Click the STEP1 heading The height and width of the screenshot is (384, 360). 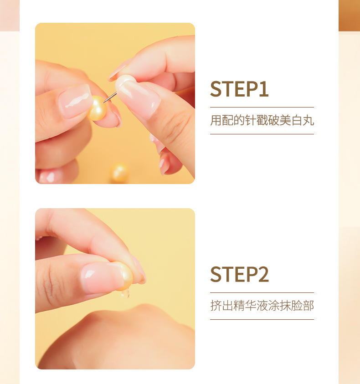[239, 89]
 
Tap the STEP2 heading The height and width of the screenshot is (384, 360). [239, 274]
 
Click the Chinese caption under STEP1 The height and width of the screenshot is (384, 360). [262, 121]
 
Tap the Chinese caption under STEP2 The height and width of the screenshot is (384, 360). [262, 306]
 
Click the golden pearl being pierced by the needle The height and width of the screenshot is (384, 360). [97, 108]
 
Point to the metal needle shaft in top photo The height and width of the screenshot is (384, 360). [110, 97]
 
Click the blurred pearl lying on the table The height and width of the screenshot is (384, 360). [120, 173]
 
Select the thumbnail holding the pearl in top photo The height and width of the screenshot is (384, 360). [75, 101]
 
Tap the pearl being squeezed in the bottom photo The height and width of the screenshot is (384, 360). [123, 276]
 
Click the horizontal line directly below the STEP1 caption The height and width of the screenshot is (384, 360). [262, 134]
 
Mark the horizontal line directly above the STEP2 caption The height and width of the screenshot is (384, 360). [262, 292]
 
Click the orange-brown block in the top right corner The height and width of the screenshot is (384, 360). [349, 15]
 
